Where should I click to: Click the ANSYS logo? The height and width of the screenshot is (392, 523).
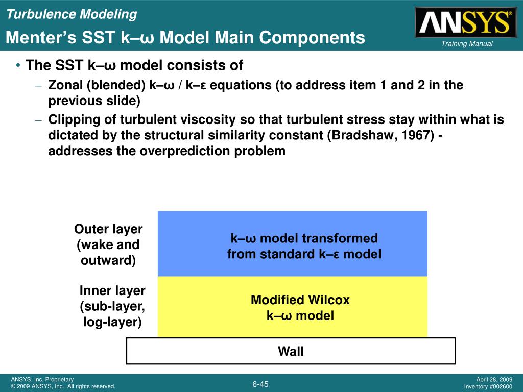point(466,22)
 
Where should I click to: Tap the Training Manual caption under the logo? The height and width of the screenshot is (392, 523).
point(467,44)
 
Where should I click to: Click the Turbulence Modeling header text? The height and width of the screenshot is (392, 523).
point(72,14)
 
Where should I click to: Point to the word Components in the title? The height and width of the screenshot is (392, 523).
point(312,38)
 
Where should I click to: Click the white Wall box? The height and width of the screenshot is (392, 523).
point(291,351)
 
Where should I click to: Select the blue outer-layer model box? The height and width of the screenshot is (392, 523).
point(293,243)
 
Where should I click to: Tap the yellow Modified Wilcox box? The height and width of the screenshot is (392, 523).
point(293,307)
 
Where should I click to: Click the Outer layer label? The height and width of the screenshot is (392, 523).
point(108,244)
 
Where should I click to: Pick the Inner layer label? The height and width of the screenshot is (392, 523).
point(112,306)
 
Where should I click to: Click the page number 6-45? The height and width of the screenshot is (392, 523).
point(260,384)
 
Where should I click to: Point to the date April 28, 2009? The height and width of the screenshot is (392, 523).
point(494,379)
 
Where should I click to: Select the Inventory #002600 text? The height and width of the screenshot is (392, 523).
point(488,387)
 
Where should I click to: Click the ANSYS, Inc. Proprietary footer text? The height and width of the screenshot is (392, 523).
point(42,379)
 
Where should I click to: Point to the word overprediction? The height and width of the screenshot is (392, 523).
point(184,151)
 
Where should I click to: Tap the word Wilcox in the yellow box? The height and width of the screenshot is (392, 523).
point(329,300)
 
